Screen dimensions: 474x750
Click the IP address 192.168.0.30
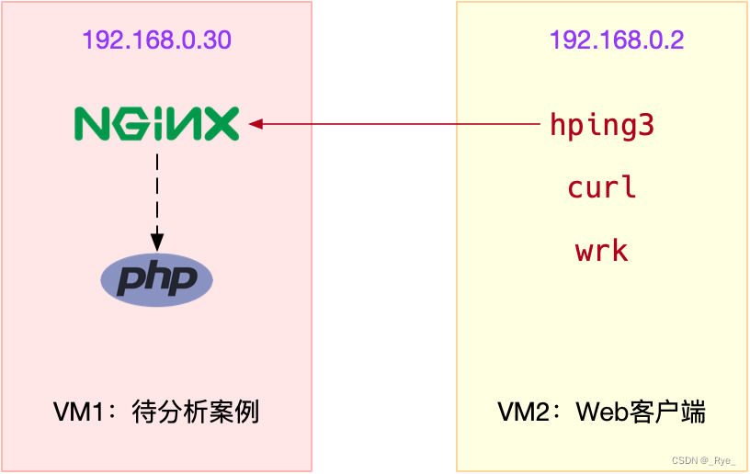(x=156, y=40)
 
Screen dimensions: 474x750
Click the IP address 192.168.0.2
(x=616, y=40)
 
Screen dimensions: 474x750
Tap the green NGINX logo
(x=156, y=123)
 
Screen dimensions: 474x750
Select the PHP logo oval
(x=156, y=278)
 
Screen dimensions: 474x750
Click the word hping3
(x=601, y=124)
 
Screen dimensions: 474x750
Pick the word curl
(x=601, y=187)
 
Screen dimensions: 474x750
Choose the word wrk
(x=601, y=250)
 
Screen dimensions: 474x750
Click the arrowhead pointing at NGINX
(x=256, y=123)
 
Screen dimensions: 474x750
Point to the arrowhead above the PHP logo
(x=157, y=242)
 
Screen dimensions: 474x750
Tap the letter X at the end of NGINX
(x=223, y=123)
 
